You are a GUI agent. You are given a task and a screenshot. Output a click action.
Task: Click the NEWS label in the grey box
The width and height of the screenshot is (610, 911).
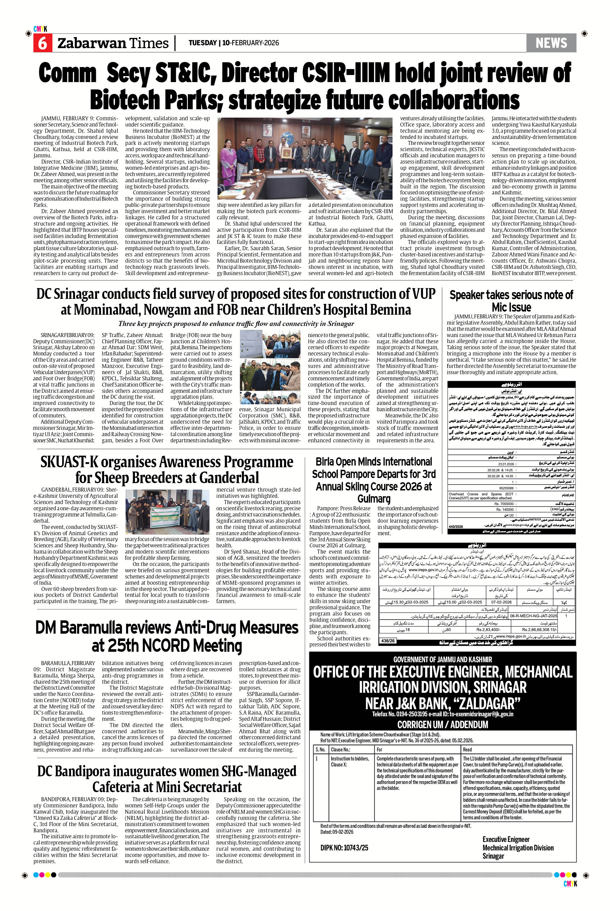[x=551, y=43]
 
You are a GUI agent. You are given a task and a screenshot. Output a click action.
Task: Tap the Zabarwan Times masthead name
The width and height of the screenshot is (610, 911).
[x=113, y=43]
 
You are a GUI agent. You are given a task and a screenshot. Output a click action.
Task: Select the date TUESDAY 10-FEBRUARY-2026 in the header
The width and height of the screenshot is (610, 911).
[x=233, y=43]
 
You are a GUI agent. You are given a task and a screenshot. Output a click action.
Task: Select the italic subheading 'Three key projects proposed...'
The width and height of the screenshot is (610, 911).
[x=236, y=324]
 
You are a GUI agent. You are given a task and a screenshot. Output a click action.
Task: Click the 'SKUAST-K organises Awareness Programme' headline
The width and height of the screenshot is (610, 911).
[x=167, y=469]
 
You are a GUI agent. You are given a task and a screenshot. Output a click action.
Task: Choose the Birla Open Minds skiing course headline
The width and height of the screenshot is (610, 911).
[x=373, y=480]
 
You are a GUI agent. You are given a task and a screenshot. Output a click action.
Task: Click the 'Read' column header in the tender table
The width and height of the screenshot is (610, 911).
[x=467, y=749]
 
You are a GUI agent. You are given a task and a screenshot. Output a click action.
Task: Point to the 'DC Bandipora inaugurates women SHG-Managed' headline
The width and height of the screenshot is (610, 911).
[x=167, y=779]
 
